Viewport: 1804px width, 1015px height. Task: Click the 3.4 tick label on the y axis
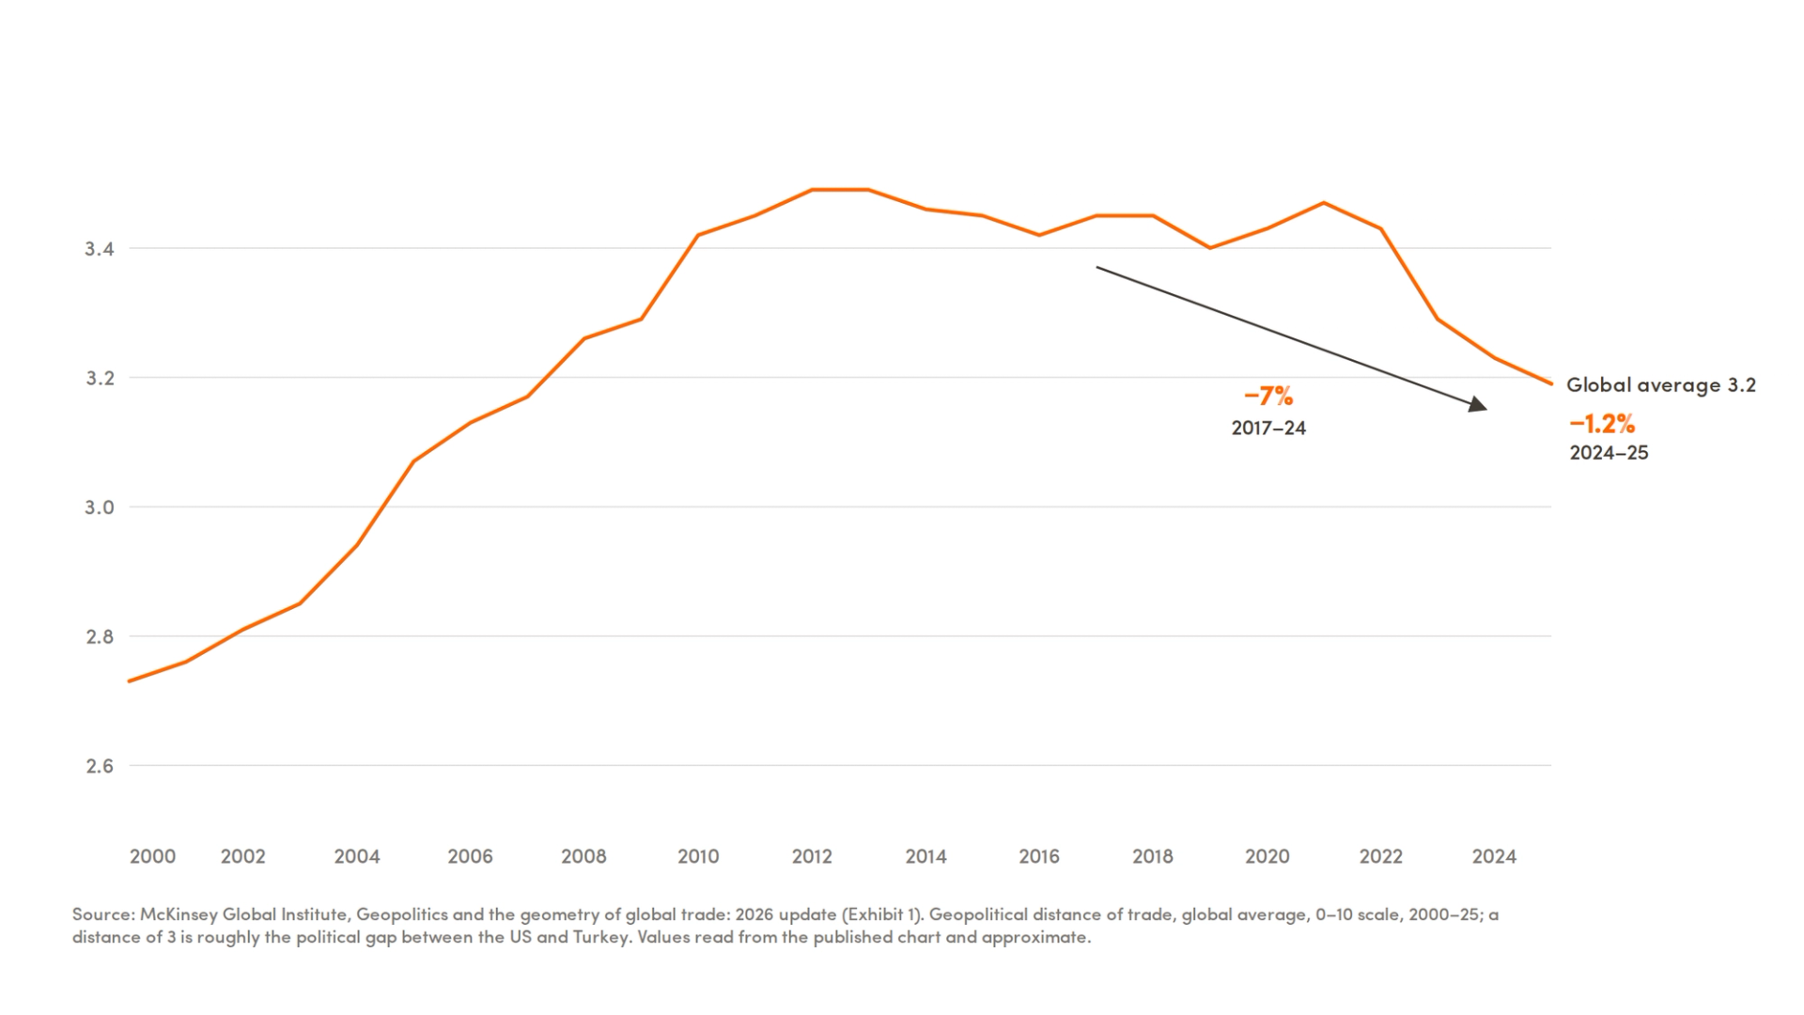(100, 249)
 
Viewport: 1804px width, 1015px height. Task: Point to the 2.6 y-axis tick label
(100, 766)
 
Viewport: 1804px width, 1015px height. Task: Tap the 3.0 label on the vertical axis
(100, 507)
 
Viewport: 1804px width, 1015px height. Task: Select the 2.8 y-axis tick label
(100, 637)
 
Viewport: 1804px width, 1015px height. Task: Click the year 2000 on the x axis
(152, 856)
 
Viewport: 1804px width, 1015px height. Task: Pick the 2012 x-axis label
(812, 856)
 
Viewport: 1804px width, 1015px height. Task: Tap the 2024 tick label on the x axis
(1494, 856)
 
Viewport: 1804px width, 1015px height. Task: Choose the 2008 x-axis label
(583, 856)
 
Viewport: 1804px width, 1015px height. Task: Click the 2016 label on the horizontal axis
(1039, 856)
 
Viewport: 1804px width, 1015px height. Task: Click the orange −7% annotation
(1268, 397)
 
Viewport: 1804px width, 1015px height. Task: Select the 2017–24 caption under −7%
(1268, 429)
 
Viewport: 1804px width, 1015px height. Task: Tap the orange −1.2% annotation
(1602, 424)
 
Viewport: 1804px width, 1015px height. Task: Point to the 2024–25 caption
(1609, 453)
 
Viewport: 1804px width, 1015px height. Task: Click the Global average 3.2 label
(1661, 384)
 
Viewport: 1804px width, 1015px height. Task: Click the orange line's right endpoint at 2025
(1551, 383)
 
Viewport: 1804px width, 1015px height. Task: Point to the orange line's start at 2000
(130, 681)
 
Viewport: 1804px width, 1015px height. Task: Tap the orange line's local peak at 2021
(1323, 203)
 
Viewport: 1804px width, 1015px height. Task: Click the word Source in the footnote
(104, 914)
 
